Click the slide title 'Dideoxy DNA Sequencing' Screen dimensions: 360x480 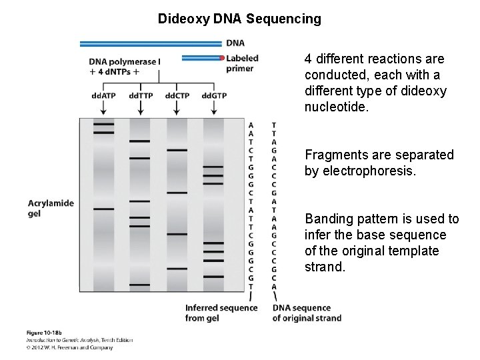(x=239, y=19)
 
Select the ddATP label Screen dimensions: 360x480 (x=103, y=95)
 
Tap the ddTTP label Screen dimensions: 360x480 (x=141, y=95)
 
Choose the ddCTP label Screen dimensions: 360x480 (x=177, y=95)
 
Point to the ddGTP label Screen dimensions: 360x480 (x=214, y=95)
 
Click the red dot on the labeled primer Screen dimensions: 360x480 (x=222, y=58)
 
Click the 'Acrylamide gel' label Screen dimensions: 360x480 (x=51, y=208)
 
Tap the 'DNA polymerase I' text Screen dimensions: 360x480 (x=124, y=62)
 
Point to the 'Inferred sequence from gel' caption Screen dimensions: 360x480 (x=221, y=313)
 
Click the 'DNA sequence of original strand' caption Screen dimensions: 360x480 (x=306, y=313)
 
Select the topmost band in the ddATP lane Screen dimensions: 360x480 (x=103, y=124)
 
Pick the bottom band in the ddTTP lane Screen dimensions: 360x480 (x=140, y=285)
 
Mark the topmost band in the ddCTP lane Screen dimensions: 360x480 (x=177, y=150)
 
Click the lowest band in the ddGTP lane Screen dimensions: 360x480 (x=213, y=276)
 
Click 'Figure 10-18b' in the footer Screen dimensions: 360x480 (x=43, y=332)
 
